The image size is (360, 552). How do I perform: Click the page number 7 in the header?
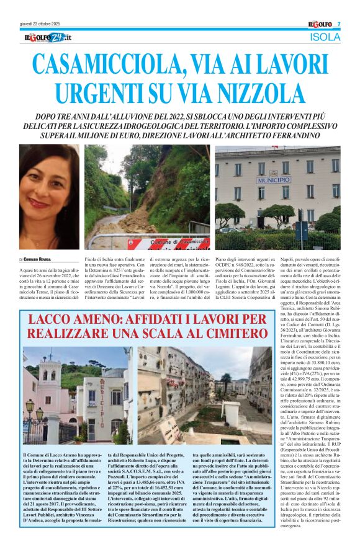[339, 25]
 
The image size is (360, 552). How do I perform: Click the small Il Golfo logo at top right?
[320, 24]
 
